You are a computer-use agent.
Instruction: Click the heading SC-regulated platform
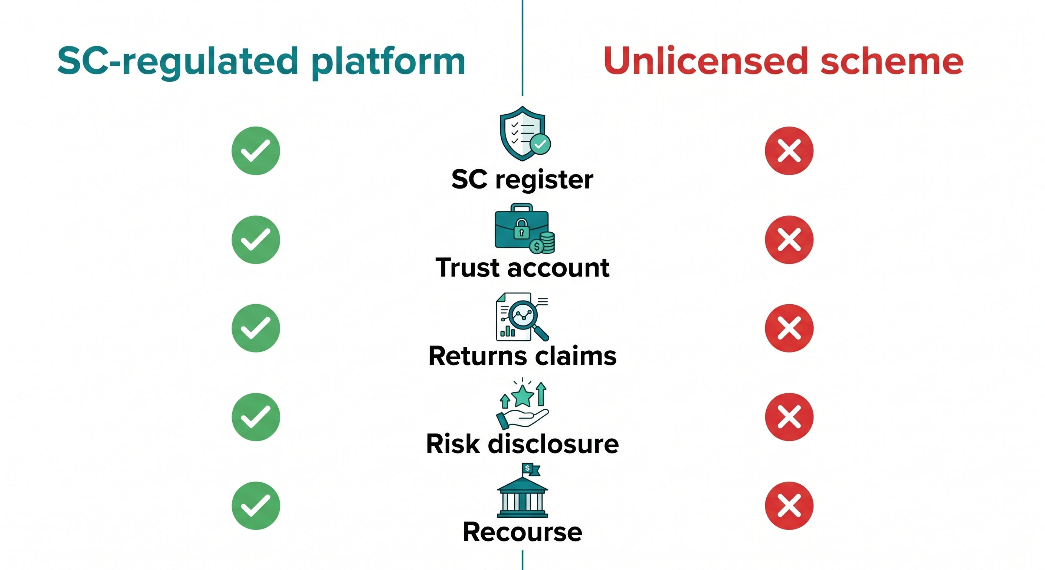click(x=261, y=62)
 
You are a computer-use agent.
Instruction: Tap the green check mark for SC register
click(x=256, y=151)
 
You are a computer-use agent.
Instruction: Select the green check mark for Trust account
click(x=256, y=240)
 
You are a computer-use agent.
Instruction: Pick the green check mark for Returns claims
click(x=256, y=328)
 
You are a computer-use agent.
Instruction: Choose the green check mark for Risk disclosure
click(x=256, y=417)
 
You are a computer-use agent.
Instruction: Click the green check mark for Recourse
click(x=256, y=505)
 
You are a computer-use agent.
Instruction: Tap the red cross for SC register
click(x=789, y=151)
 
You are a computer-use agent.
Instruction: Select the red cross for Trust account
click(x=789, y=240)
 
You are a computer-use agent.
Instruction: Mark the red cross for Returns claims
click(x=789, y=328)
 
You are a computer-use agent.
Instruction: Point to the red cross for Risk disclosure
click(x=789, y=417)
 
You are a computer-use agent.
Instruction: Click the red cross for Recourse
click(x=789, y=505)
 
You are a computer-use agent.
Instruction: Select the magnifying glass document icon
click(x=522, y=317)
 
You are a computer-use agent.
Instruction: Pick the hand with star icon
click(x=522, y=404)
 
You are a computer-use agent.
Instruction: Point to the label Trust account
click(x=522, y=268)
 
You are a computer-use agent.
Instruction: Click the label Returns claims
click(x=522, y=356)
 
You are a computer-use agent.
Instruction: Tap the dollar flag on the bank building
click(x=531, y=469)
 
